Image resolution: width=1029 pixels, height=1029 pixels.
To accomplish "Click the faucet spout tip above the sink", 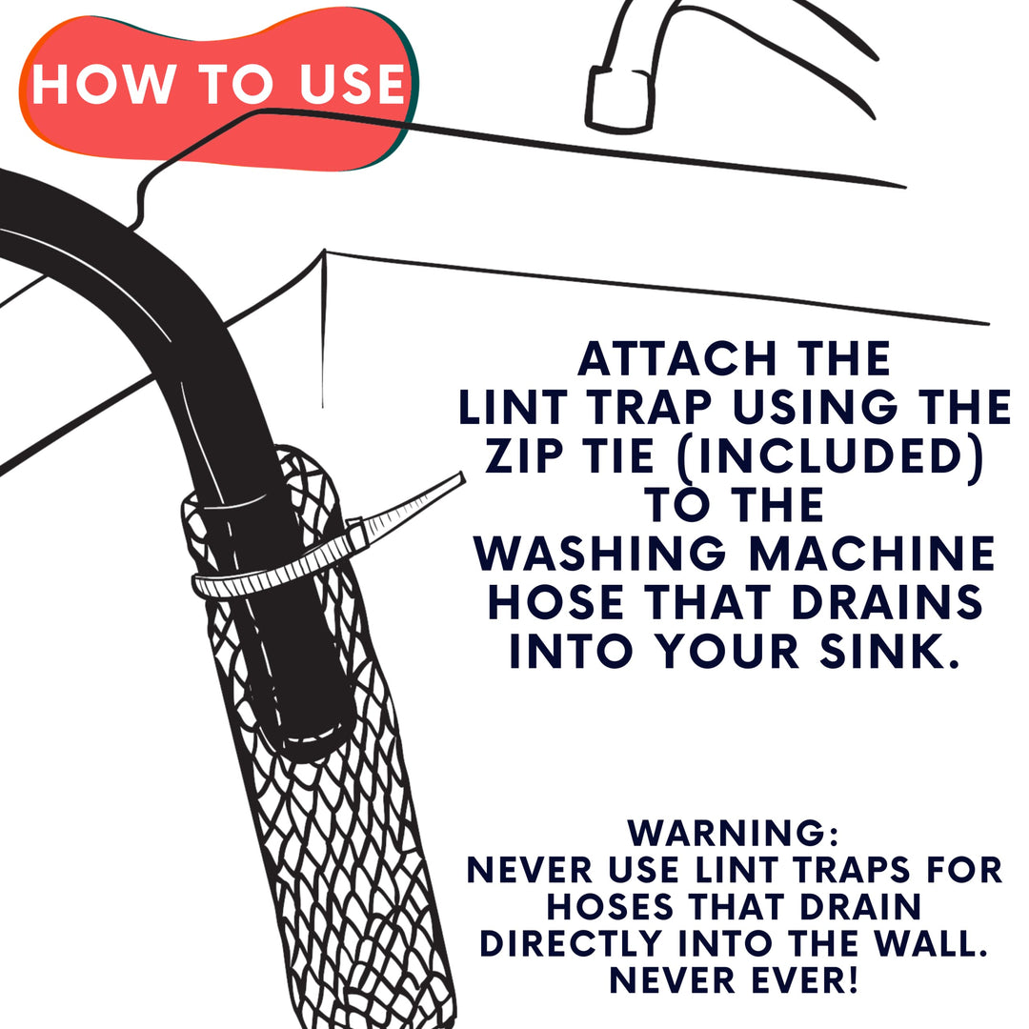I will pyautogui.click(x=615, y=99).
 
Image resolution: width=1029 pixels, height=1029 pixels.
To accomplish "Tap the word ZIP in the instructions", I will pyautogui.click(x=530, y=456).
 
